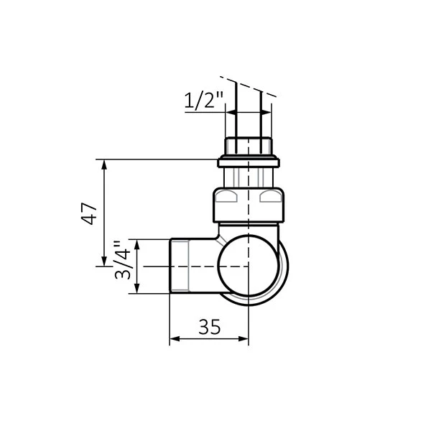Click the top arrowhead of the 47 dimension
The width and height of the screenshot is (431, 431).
click(105, 164)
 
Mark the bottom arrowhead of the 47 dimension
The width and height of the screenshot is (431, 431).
click(105, 261)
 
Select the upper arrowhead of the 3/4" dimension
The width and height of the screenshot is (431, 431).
click(139, 244)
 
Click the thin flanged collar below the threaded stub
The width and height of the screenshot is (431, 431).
click(248, 163)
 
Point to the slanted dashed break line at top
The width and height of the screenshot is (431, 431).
click(246, 85)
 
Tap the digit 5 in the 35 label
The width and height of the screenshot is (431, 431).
click(215, 327)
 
